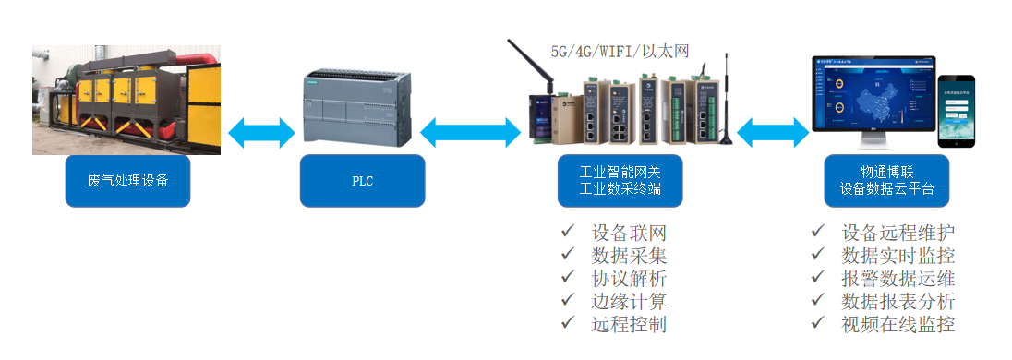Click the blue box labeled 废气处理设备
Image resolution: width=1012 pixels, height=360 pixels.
(x=127, y=181)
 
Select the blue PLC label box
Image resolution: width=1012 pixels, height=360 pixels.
(x=362, y=181)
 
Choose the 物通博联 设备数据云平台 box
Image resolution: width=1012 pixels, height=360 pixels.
(x=886, y=181)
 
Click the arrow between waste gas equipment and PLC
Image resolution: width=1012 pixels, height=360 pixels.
(x=261, y=131)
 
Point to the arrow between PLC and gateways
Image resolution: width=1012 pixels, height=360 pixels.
(x=470, y=132)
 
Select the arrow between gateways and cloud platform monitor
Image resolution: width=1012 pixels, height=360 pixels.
(x=773, y=131)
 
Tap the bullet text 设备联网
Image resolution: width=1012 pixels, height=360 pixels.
(x=628, y=232)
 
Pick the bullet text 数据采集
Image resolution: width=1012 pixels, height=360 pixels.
(x=628, y=255)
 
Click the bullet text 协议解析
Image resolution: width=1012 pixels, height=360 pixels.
(x=628, y=278)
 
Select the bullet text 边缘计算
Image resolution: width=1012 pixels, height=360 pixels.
(x=628, y=301)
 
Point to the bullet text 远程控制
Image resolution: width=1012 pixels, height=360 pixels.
(x=628, y=324)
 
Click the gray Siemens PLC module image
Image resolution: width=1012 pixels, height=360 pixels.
(x=362, y=108)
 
